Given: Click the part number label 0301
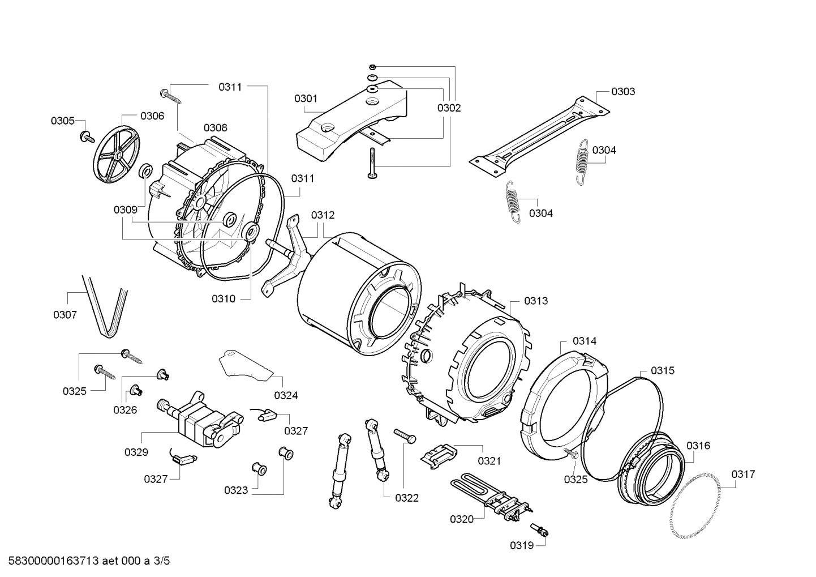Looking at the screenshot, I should click(x=306, y=99).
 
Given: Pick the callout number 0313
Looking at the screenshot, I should click(x=535, y=301).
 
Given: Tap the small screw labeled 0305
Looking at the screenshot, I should click(x=88, y=136).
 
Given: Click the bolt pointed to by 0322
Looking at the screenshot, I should click(x=405, y=436).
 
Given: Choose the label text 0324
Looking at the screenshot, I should click(x=286, y=395).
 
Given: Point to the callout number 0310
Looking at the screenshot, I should click(x=224, y=298).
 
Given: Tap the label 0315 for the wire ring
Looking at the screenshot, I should click(x=662, y=370).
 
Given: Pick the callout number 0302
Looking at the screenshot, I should click(x=449, y=108).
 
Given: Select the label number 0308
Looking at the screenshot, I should click(x=216, y=127).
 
